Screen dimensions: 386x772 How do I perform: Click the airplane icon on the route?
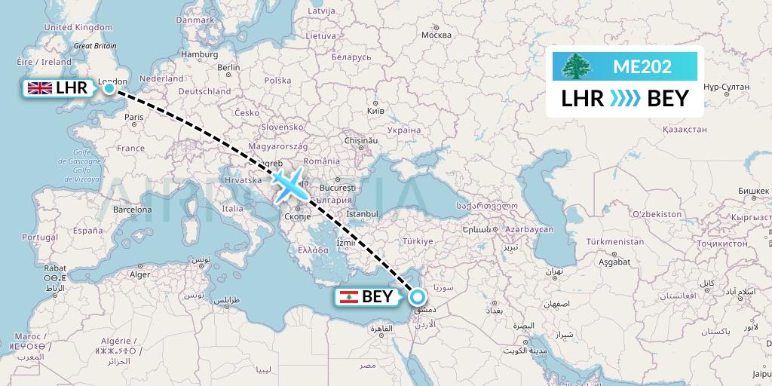285,185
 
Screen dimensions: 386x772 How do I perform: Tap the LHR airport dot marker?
109,88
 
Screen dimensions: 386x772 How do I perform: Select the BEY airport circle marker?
417,296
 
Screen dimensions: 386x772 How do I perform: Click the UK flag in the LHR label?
39,89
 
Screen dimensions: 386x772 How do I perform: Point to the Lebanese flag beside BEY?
349,296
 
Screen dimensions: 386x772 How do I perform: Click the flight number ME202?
642,66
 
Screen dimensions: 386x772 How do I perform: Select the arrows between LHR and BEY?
625,99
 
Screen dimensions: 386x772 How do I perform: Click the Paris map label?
133,117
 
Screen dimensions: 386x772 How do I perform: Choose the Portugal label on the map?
40,237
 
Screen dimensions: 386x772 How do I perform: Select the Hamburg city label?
199,54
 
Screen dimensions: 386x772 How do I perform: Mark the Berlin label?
228,67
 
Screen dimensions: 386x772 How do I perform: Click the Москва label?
436,35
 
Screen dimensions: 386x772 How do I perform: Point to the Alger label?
140,274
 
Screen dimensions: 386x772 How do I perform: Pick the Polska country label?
277,81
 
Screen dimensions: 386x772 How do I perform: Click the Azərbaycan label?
529,228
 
